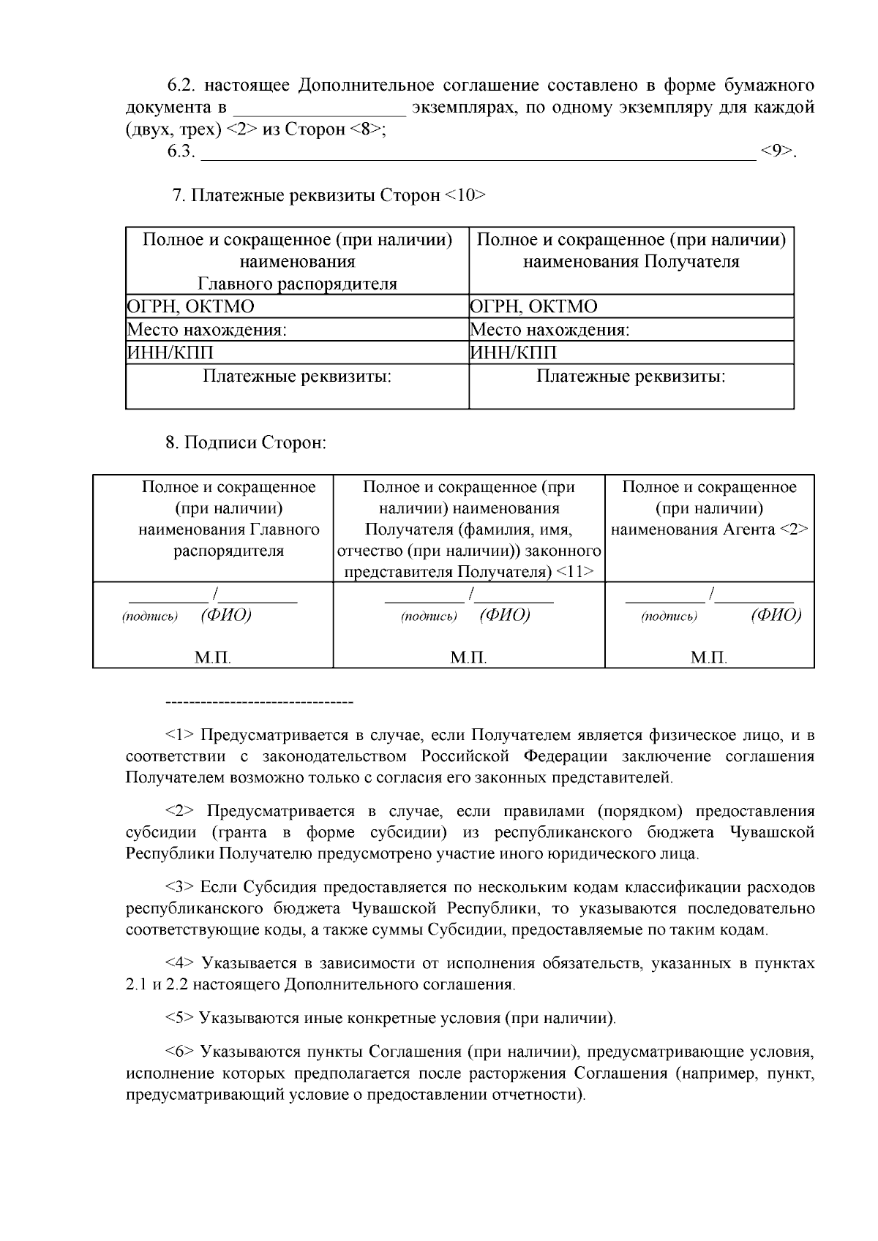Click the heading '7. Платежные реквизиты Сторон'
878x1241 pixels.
coord(328,196)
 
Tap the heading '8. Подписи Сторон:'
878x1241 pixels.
coord(245,443)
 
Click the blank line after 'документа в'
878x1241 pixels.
coord(319,109)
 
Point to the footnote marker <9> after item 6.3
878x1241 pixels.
coord(776,152)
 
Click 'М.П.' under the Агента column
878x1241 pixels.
coord(709,658)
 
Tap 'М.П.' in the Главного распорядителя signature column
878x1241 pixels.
coord(213,658)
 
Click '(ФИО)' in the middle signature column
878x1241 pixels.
coord(505,615)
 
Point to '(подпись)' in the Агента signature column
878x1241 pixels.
coord(669,616)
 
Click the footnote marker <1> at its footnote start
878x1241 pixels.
coord(179,735)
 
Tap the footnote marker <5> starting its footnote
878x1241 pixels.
coord(179,1018)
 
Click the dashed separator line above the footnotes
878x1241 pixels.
coord(260,703)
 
